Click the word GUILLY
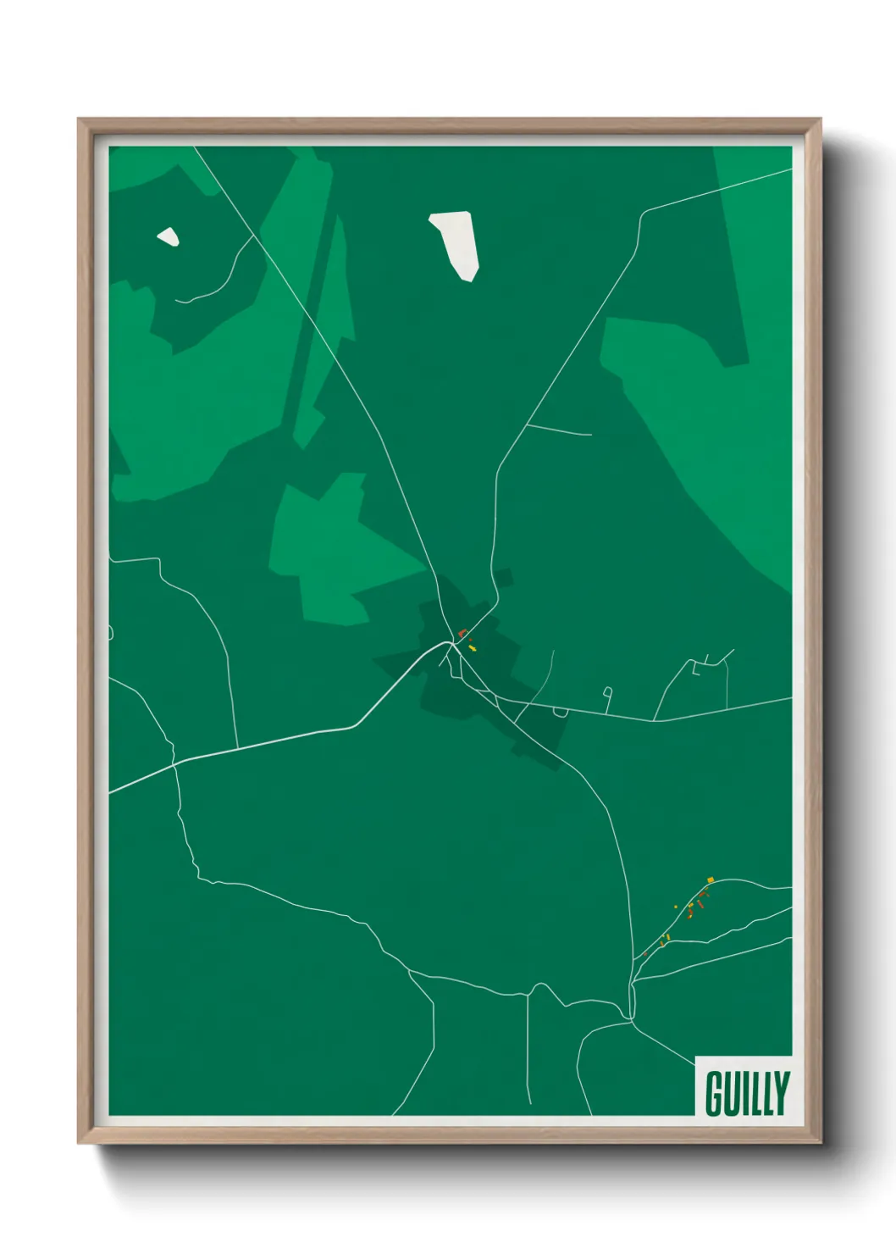click(746, 1094)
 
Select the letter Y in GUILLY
click(781, 1094)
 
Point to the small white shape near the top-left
click(169, 236)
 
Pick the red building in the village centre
click(462, 633)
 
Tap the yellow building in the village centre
click(473, 648)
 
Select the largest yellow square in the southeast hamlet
click(711, 879)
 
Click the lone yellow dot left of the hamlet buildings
click(676, 907)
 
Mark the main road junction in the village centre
click(450, 643)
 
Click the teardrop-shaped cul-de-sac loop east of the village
click(608, 694)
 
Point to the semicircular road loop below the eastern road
click(560, 713)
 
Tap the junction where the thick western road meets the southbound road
click(174, 763)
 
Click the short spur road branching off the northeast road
click(559, 430)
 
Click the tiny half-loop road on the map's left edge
click(111, 633)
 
